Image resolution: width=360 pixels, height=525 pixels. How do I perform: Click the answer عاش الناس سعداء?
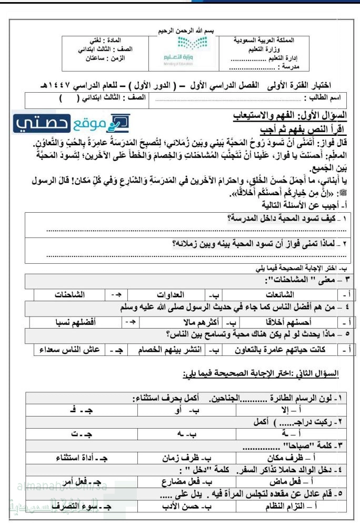tap(66, 349)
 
